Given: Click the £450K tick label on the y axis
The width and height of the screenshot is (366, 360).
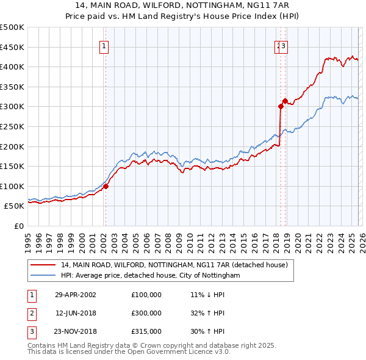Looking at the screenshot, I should (12, 47).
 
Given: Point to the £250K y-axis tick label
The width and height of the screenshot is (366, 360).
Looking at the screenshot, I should (12, 126).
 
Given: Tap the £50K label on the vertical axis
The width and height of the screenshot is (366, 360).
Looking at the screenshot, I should (15, 206).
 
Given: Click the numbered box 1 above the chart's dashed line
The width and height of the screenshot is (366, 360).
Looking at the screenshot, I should (104, 45).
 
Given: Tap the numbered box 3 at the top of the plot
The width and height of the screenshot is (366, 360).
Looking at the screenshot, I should (284, 45).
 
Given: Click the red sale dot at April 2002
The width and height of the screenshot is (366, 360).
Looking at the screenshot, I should (106, 187).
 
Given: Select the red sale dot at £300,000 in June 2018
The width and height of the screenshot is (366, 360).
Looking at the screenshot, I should (281, 107).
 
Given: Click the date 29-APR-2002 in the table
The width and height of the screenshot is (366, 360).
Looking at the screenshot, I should (76, 295).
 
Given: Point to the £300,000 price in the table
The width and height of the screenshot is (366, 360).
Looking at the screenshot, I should (146, 313).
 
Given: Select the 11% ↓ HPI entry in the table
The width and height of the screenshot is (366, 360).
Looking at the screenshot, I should (207, 295).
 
